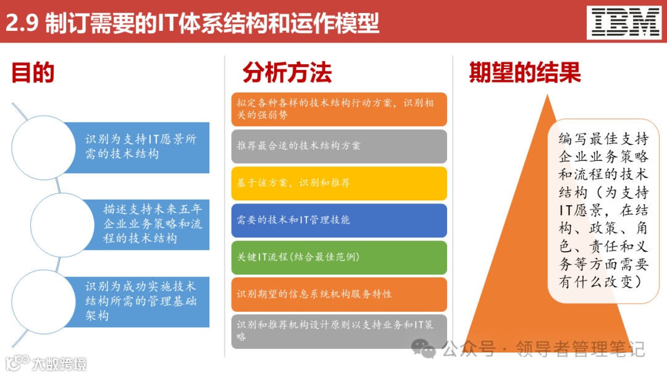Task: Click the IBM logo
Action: [626, 22]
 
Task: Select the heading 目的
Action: [33, 73]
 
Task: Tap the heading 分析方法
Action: [287, 73]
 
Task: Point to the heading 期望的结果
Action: [524, 73]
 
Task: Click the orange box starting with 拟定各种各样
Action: [339, 109]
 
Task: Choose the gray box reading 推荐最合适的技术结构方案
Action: [339, 146]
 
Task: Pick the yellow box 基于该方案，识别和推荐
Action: [339, 183]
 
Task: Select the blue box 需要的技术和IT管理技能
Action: [339, 220]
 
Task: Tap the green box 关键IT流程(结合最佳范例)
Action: [339, 257]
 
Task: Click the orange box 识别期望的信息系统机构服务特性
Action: [339, 294]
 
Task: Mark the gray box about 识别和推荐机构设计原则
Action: [339, 331]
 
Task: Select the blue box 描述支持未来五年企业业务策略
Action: [151, 223]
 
